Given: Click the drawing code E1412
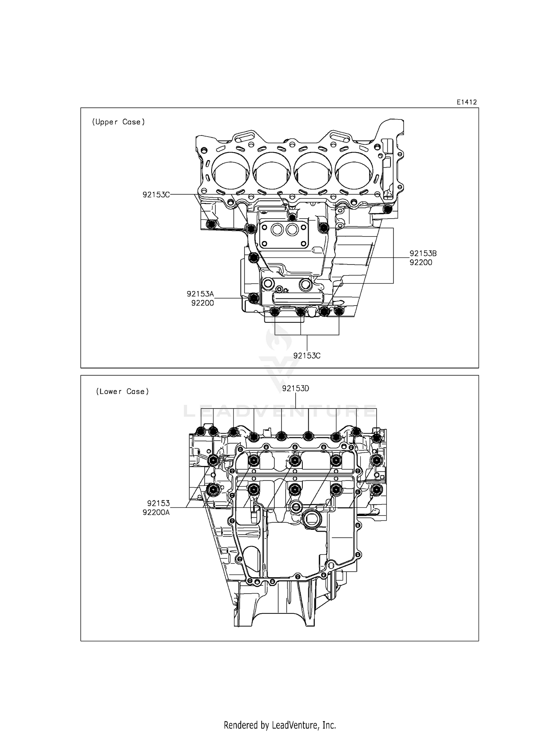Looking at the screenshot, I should (x=467, y=102).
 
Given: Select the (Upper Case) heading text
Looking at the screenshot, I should (x=118, y=122).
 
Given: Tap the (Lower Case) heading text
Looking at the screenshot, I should (x=122, y=391).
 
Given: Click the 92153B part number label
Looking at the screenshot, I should (x=423, y=253).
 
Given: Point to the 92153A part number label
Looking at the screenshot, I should (x=200, y=294).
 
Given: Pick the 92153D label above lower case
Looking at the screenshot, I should (x=296, y=388).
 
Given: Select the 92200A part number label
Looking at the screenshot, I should (x=156, y=512).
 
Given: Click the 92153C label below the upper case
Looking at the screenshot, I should (x=307, y=356).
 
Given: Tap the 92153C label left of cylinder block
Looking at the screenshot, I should (x=156, y=194).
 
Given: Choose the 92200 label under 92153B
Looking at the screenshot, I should (x=421, y=262).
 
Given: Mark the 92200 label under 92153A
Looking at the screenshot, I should (x=202, y=303).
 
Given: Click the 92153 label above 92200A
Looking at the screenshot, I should (x=158, y=503).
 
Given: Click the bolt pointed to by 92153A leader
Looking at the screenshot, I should (x=253, y=298).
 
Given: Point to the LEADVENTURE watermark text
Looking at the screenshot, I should (x=280, y=411).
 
